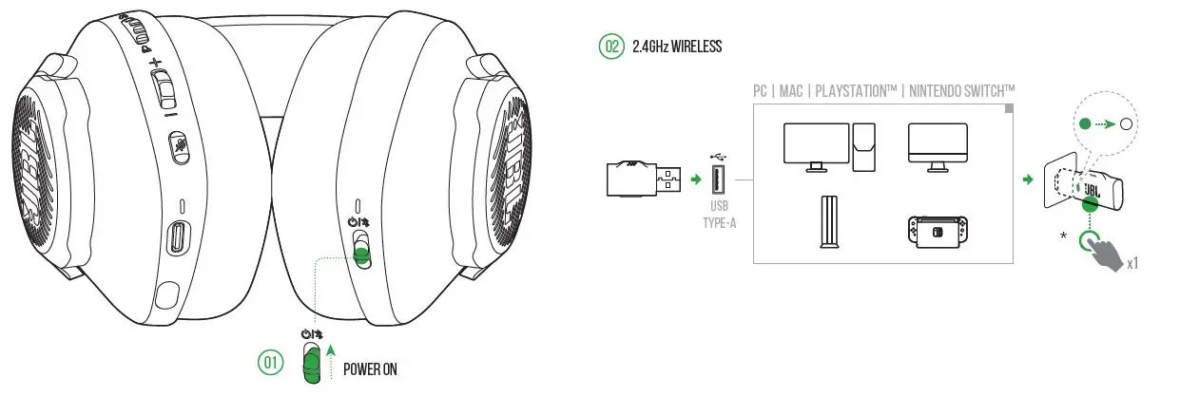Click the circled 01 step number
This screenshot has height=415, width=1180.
click(x=270, y=364)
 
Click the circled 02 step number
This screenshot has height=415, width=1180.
click(x=610, y=47)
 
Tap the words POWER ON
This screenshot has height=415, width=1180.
click(x=370, y=369)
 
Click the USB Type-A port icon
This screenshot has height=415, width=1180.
click(x=717, y=180)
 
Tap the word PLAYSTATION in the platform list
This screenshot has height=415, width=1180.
click(x=843, y=91)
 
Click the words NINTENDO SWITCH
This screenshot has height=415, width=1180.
click(x=961, y=91)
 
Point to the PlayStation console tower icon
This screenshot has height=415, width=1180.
click(x=827, y=221)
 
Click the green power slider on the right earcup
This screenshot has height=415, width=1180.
click(x=359, y=254)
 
